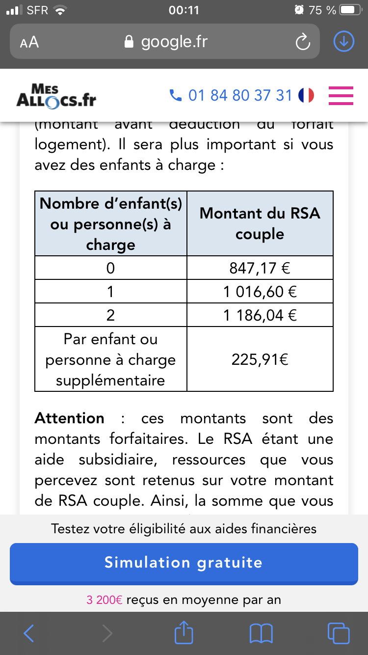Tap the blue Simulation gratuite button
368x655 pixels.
(x=184, y=563)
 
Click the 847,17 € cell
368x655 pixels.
(x=260, y=268)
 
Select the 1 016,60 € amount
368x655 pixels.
(x=260, y=292)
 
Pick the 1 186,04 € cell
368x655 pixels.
(x=260, y=315)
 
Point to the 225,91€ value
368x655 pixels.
(x=260, y=359)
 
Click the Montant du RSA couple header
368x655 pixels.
(x=260, y=223)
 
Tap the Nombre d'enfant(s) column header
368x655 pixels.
(x=111, y=223)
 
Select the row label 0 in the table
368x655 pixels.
(x=111, y=268)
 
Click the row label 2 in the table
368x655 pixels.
(x=111, y=315)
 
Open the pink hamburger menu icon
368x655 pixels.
(x=341, y=95)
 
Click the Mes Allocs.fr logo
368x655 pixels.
(x=56, y=95)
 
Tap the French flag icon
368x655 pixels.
(x=306, y=95)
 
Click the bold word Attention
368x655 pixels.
(x=70, y=418)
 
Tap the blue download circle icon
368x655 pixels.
(x=343, y=42)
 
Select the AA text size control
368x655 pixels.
(x=29, y=42)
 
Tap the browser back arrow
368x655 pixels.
(x=28, y=633)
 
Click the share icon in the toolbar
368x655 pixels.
(x=184, y=632)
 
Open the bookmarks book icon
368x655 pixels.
(x=261, y=633)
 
